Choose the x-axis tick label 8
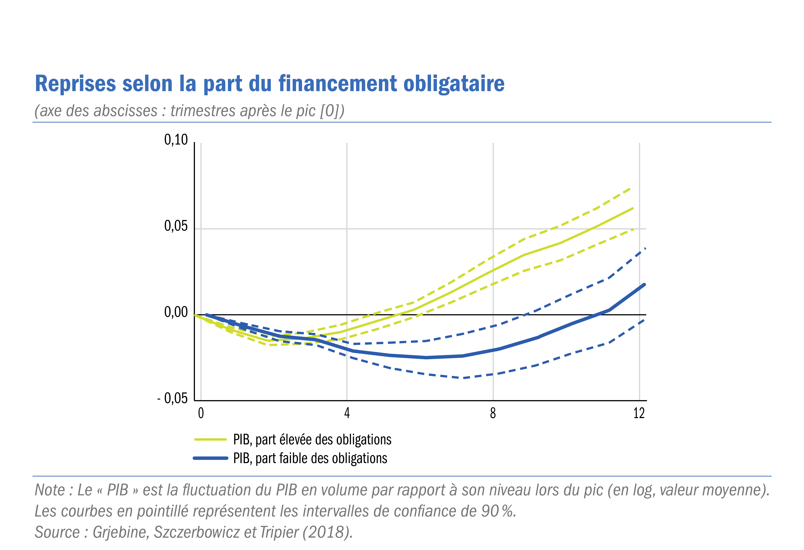click(x=493, y=413)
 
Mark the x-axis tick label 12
click(x=639, y=413)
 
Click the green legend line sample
click(x=210, y=439)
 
